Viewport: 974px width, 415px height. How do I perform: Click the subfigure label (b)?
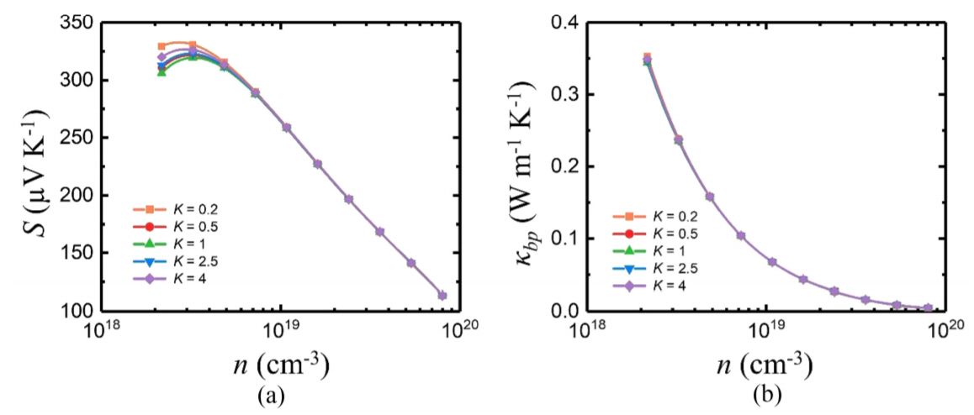pos(767,395)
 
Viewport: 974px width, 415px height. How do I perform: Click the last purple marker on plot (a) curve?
pos(442,296)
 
